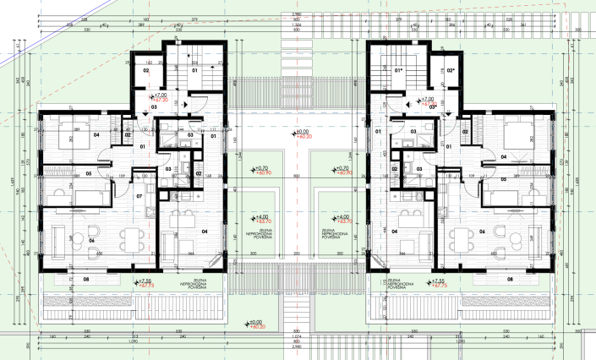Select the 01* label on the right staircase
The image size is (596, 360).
[x=398, y=70]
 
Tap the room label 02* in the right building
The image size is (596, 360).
[x=451, y=70]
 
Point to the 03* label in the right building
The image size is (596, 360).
[x=432, y=108]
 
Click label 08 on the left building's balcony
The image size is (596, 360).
[x=85, y=278]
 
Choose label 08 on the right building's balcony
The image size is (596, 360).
[x=510, y=278]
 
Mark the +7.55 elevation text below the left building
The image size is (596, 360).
[x=145, y=281]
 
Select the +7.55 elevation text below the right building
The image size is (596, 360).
[x=438, y=281]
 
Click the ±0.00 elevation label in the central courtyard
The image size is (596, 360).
[x=300, y=132]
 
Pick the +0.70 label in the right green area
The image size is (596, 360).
[x=342, y=168]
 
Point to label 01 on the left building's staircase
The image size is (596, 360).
[x=194, y=70]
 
